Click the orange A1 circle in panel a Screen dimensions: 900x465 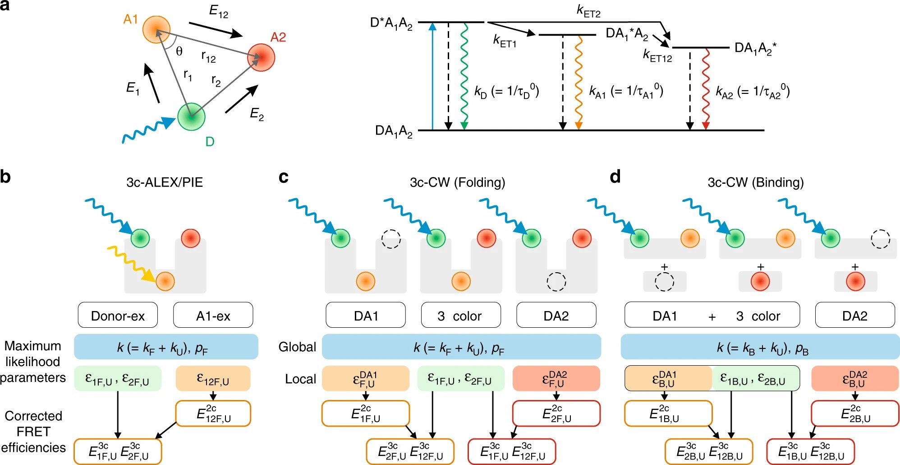tap(156, 29)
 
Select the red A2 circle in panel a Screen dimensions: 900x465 tap(261, 57)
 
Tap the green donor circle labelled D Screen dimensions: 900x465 tap(191, 116)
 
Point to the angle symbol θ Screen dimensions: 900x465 tap(179, 51)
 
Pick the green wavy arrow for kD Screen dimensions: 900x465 tap(464, 76)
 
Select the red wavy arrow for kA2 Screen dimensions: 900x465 tap(706, 89)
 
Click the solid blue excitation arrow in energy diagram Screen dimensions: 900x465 tap(432, 76)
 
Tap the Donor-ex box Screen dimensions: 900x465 tap(118, 315)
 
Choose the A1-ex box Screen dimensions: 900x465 tap(213, 315)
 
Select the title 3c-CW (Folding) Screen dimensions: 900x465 tap(457, 182)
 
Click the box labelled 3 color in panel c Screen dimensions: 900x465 tap(461, 315)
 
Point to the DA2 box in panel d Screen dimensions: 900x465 tap(855, 315)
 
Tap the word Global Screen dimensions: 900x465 tap(297, 347)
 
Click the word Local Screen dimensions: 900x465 tap(300, 379)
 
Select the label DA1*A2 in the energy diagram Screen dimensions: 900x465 tap(627, 34)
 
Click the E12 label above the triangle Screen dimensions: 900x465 tap(219, 11)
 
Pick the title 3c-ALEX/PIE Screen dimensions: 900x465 tap(165, 182)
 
